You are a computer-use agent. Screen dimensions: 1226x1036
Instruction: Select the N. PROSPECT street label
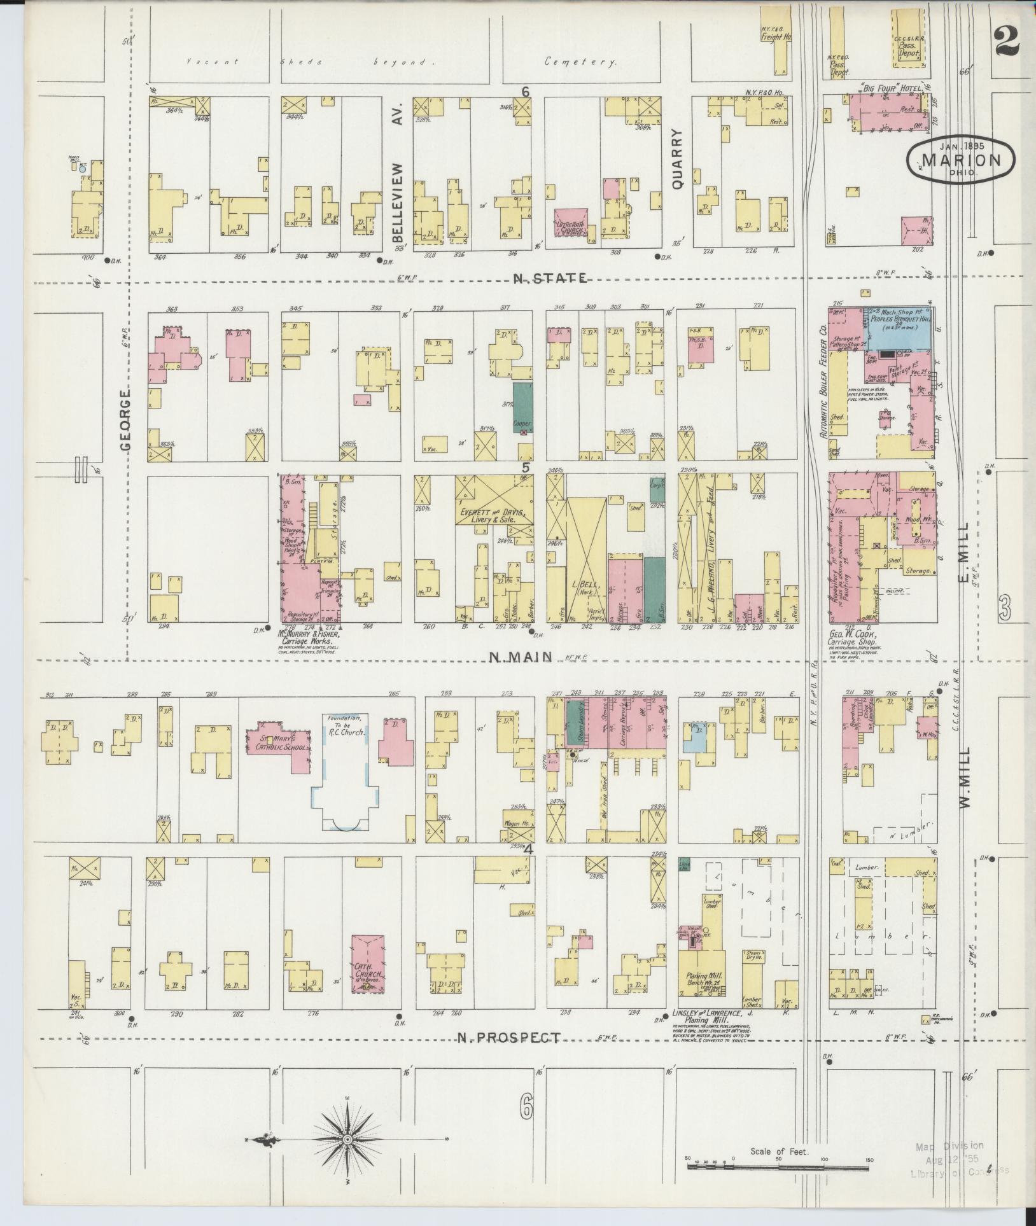[508, 1038]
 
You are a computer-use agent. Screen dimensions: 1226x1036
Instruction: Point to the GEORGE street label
[125, 420]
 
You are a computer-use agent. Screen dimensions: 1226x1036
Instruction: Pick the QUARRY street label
[676, 160]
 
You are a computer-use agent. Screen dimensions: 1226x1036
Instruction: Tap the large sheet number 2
[1007, 39]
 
